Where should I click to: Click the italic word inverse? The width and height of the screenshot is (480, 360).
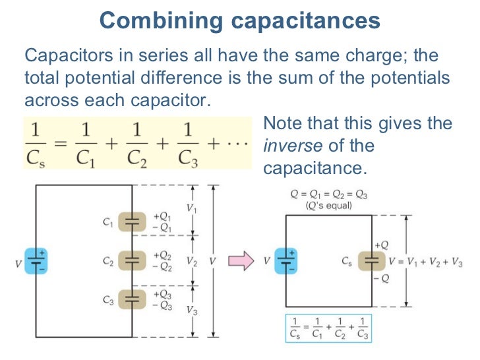coord(290,146)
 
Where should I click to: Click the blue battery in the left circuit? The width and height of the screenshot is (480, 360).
coord(34,261)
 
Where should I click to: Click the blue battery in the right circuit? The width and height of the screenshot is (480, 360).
coord(285,260)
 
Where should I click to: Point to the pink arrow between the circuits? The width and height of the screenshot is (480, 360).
coord(241,261)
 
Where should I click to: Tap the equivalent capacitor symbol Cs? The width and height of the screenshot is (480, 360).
coord(371,261)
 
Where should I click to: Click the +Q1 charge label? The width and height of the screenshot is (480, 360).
coord(163,216)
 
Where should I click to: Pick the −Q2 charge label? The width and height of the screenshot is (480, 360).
coord(163,267)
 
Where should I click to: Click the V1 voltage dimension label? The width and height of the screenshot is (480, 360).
coord(191,208)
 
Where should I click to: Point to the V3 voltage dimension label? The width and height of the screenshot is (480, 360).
coord(191,310)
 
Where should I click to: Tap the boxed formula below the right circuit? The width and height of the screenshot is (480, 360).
coord(326,328)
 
